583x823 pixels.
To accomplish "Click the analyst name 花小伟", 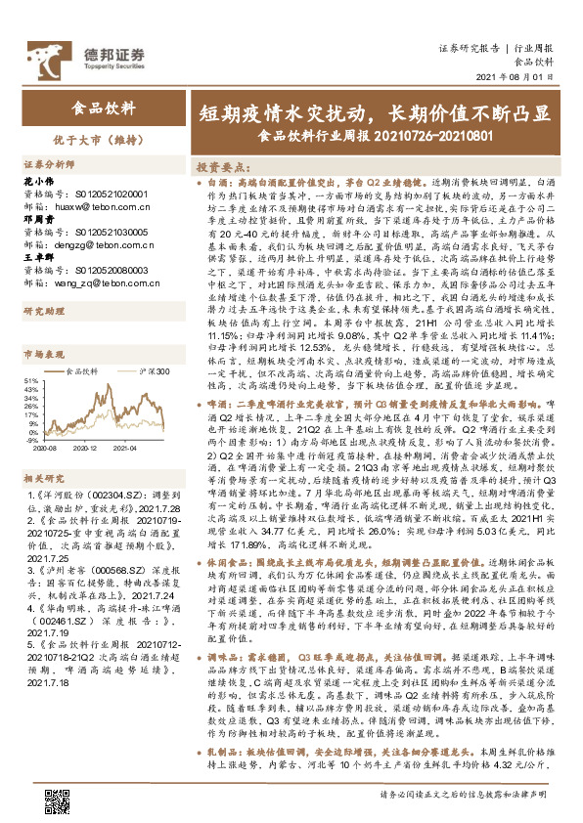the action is [x=35, y=183].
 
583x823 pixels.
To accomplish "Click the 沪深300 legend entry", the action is [x=155, y=371].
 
